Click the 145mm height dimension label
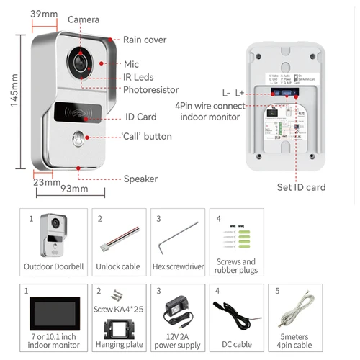click(x=13, y=90)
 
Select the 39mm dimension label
click(x=43, y=14)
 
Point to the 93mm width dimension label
click(x=73, y=189)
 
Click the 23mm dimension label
click(x=46, y=182)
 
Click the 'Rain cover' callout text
click(x=144, y=40)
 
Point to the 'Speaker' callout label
click(x=140, y=179)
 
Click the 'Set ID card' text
click(x=302, y=187)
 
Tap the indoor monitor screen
click(x=54, y=311)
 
